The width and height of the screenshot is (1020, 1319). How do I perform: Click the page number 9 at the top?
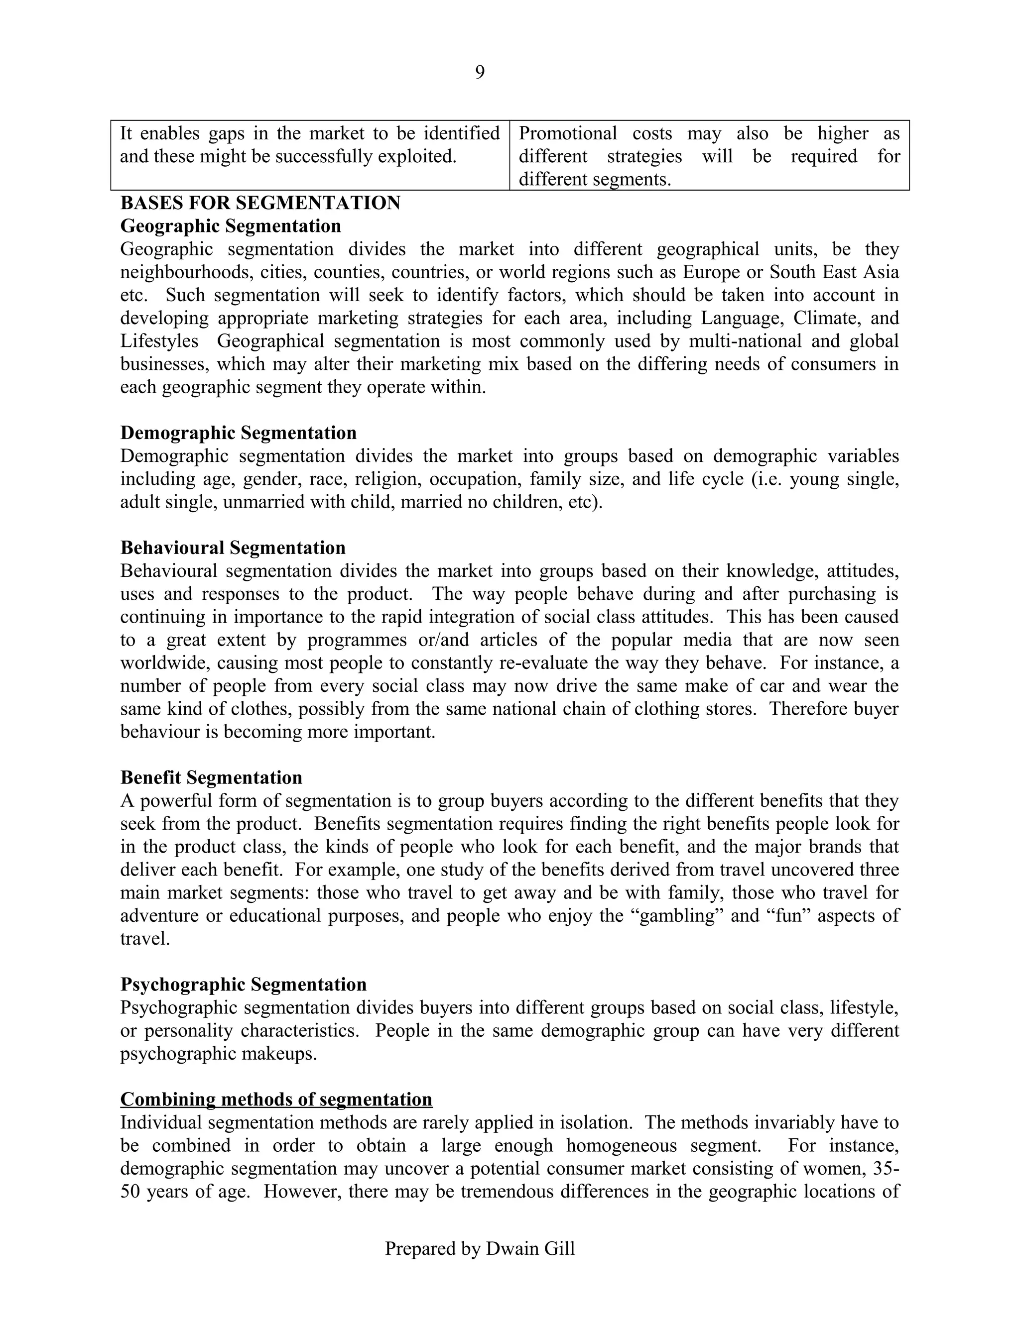click(x=479, y=73)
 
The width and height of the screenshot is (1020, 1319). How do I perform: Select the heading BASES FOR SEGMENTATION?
click(x=260, y=203)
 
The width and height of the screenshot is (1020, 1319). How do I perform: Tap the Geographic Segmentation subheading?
click(x=230, y=226)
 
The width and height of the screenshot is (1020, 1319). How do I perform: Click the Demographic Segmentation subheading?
click(x=238, y=433)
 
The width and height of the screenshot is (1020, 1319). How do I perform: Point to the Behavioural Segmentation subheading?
click(x=233, y=548)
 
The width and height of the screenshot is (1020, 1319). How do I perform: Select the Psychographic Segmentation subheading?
click(x=243, y=985)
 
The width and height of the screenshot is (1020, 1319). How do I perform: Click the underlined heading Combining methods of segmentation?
click(x=276, y=1099)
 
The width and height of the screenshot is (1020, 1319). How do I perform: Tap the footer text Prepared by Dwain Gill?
click(x=480, y=1248)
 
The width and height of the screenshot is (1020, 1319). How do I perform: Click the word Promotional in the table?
click(x=567, y=133)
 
